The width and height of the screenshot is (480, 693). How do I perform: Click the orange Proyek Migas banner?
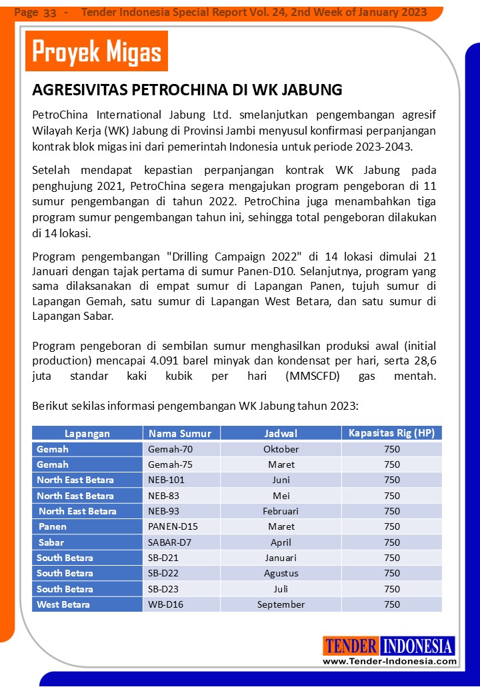point(97,51)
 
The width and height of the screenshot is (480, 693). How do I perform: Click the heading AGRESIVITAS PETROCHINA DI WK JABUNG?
point(187,90)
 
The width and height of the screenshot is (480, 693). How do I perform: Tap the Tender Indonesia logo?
point(389,646)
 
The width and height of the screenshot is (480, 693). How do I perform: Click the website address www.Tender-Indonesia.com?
point(390,661)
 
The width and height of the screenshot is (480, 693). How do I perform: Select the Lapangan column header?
point(87,433)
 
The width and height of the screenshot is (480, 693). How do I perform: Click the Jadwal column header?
point(281,433)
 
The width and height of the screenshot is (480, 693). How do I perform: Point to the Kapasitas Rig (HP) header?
point(391,433)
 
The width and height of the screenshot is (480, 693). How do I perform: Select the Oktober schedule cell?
point(281,449)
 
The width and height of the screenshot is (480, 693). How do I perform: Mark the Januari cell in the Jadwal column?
point(281,558)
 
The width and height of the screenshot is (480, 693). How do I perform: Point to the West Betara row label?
point(63,604)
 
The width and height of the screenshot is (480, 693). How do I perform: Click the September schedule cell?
point(281,604)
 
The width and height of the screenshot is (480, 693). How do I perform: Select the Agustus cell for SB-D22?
point(281,573)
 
